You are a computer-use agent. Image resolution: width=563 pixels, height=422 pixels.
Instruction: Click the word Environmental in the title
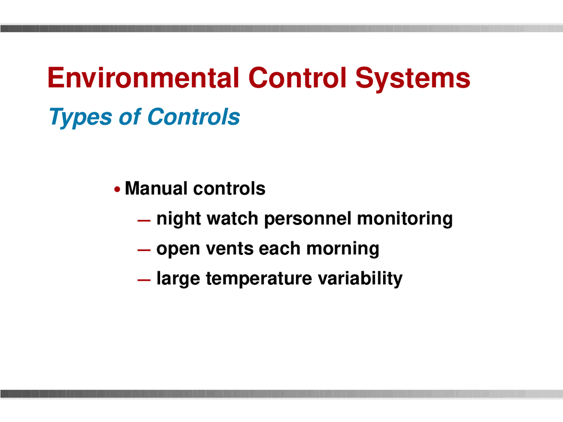pos(143,78)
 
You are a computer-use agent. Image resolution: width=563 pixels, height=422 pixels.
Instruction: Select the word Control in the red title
pos(297,78)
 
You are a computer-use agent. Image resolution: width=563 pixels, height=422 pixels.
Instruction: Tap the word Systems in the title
pos(413,78)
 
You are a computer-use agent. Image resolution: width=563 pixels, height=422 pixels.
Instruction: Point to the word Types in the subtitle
pos(80,117)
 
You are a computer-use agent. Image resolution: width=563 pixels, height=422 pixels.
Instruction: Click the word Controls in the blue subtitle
pos(194,117)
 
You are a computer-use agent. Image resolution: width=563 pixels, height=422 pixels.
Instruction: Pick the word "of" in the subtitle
pos(129,117)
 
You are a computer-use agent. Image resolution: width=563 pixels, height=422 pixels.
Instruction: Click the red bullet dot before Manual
pos(117,189)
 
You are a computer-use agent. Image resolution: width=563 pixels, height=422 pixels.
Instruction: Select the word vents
pos(230,249)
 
